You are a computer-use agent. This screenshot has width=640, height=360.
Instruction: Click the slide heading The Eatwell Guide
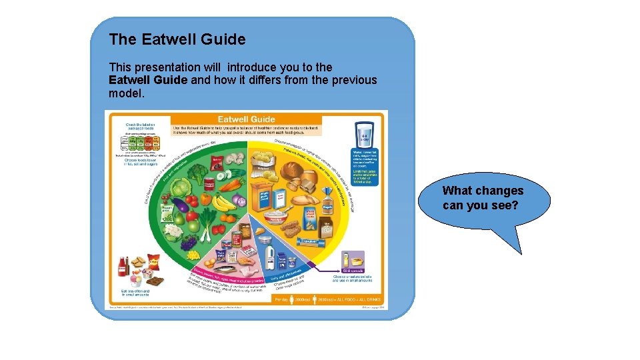pos(177,39)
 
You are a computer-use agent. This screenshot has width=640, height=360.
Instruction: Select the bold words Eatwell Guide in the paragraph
pos(149,80)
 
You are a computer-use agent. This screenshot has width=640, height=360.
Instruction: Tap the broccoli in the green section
pos(199,175)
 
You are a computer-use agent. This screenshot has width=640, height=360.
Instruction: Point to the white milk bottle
pos(270,255)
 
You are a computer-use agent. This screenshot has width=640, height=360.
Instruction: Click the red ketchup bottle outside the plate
pos(123,267)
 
